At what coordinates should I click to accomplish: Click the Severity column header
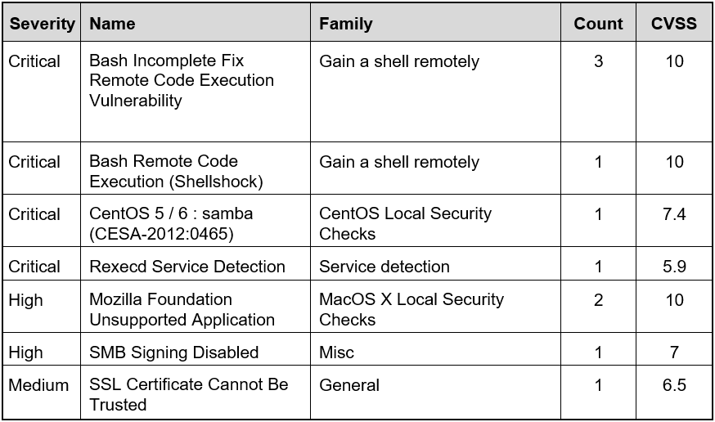[x=43, y=24]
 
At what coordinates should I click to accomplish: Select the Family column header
[x=346, y=24]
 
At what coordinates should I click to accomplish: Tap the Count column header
[x=598, y=24]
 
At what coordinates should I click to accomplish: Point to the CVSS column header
[x=674, y=24]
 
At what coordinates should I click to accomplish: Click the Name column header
[x=112, y=24]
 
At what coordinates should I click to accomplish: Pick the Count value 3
[x=598, y=61]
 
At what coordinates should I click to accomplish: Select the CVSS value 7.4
[x=674, y=214]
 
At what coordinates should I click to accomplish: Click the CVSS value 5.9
[x=674, y=267]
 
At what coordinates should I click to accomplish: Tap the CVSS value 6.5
[x=674, y=385]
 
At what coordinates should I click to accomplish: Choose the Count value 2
[x=598, y=300]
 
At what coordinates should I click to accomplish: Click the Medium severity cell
[x=38, y=385]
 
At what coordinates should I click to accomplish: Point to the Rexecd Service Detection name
[x=187, y=267]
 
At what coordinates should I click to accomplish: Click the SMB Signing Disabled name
[x=174, y=352]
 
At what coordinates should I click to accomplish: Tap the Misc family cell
[x=336, y=352]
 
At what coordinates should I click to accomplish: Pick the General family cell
[x=349, y=385]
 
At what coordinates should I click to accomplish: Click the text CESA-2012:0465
[x=161, y=234]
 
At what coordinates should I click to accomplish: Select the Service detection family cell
[x=384, y=267]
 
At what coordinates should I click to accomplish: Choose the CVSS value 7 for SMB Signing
[x=674, y=352]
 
